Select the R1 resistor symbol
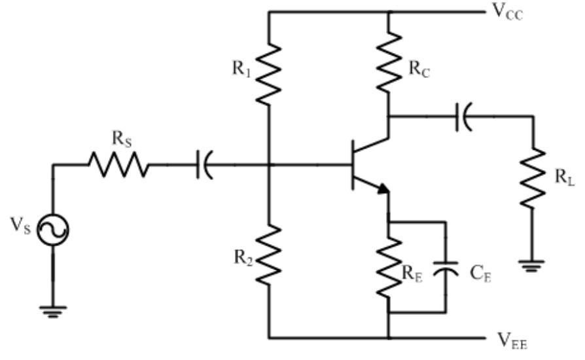tap(269, 73)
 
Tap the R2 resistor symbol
tap(269, 255)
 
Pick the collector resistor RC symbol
tap(389, 62)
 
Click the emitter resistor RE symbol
tap(389, 268)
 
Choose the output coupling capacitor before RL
tap(463, 117)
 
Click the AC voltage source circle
tap(52, 229)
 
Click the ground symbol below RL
tap(535, 265)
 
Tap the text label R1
tap(242, 68)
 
